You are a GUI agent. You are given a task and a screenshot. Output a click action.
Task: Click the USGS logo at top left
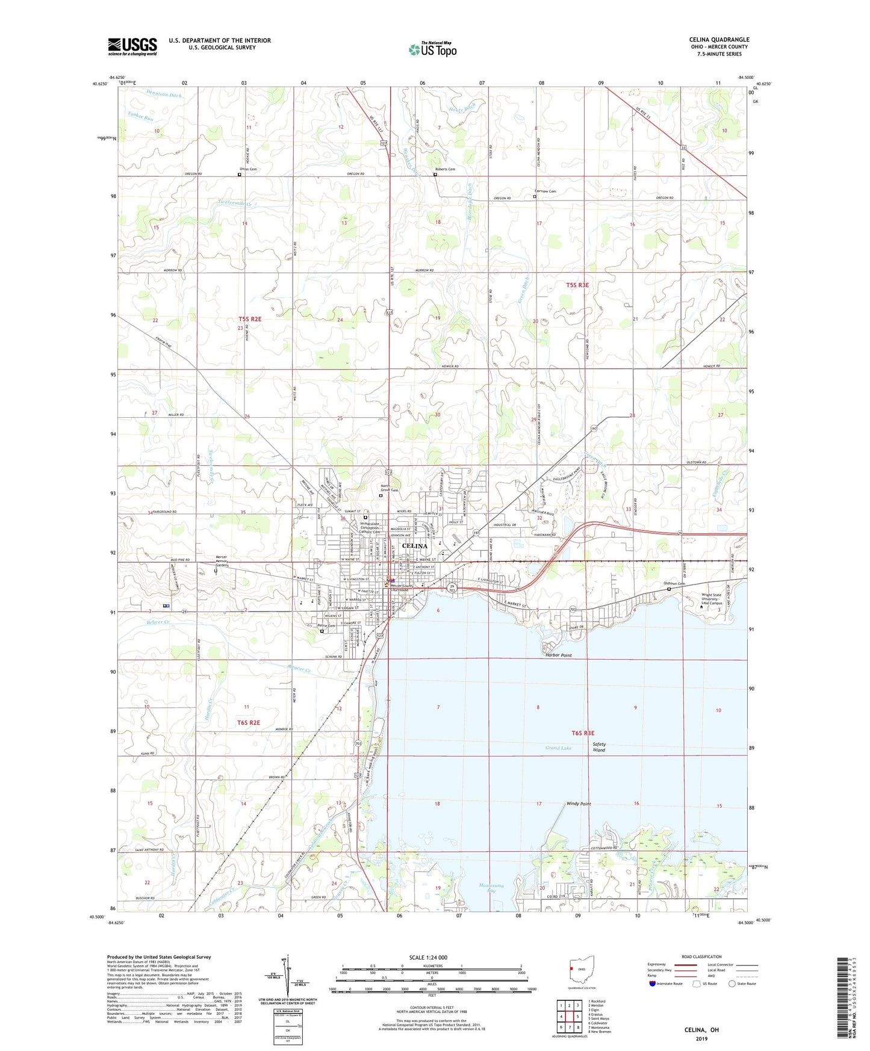tap(132, 46)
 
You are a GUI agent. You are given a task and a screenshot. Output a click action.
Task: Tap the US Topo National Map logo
tap(432, 49)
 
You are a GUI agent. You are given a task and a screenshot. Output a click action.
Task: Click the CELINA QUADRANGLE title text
tap(719, 40)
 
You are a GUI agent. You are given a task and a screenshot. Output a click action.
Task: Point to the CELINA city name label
tap(414, 546)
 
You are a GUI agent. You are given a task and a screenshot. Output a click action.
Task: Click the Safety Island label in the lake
tap(599, 747)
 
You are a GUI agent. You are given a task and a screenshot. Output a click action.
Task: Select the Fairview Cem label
tap(545, 191)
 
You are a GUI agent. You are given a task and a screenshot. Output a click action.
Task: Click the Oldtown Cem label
tap(674, 583)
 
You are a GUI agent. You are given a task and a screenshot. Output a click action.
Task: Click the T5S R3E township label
tap(577, 285)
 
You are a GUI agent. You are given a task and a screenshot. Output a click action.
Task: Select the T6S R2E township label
tap(249, 722)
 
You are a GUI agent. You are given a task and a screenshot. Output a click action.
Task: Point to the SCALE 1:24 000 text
tap(427, 957)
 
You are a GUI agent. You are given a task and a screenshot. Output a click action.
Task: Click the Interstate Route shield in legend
tap(653, 984)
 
